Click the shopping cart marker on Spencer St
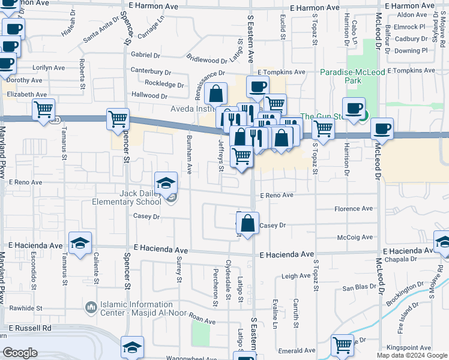point(118,118)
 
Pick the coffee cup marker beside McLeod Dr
point(382,128)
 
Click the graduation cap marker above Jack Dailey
point(166,182)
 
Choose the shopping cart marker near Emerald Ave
point(342,344)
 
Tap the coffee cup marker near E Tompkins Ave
point(258,86)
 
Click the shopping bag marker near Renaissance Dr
point(216,94)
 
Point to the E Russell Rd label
point(29,328)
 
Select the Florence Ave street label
point(353,209)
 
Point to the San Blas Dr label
point(359,288)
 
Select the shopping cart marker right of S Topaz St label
point(323,128)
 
